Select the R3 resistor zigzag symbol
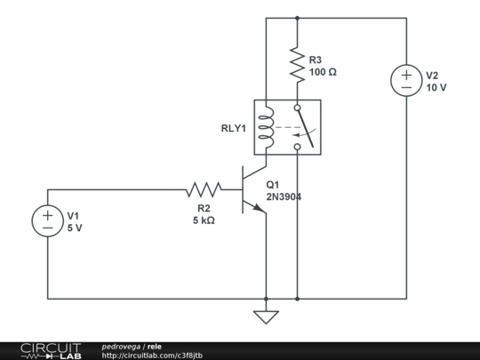pos(297,65)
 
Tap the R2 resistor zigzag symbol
pos(204,189)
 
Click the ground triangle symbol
pos(266,317)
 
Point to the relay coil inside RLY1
pos(266,127)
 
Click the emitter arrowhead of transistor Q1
pos(259,208)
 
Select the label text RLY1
pos(233,129)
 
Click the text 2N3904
pos(284,196)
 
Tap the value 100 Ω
pos(323,72)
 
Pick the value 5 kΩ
pos(204,220)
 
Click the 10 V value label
pos(436,87)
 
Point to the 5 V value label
pos(75,228)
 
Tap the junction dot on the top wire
pos(297,18)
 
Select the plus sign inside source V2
pos(406,75)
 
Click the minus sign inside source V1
pos(47,228)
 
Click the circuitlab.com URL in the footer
pos(152,356)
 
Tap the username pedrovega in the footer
pos(121,347)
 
